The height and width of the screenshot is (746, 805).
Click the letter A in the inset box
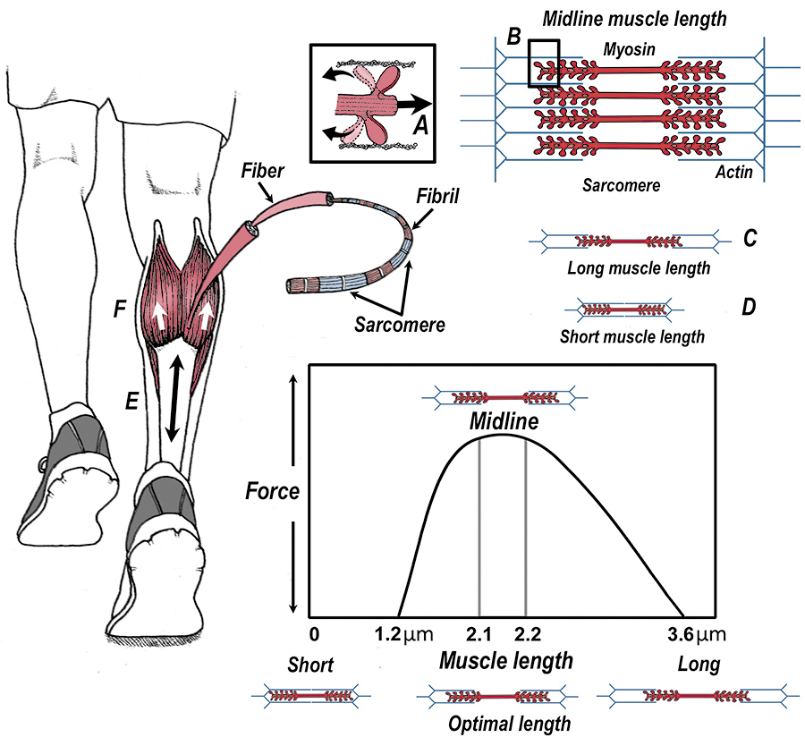(x=418, y=126)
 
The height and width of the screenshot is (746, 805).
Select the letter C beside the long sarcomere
(x=750, y=239)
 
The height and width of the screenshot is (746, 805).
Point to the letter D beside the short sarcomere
(x=749, y=308)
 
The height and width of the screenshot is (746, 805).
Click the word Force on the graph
(x=273, y=491)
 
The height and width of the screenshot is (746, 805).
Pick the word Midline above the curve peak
(x=504, y=420)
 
